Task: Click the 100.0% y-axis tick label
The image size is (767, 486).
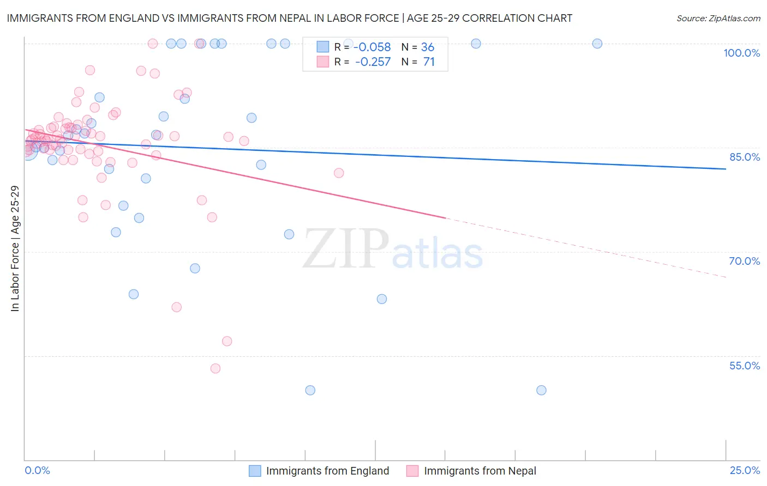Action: pos(741,53)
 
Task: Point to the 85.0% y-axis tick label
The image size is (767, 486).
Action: pos(745,157)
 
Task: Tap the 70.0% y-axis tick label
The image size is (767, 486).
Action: pos(744,261)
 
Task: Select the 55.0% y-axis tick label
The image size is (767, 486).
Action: pos(744,366)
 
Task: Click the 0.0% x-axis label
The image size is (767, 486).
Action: pos(37,470)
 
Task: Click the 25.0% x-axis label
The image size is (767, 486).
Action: pos(745,470)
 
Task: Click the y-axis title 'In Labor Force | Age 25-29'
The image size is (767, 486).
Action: pos(15,248)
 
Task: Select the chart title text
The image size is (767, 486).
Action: pos(290,18)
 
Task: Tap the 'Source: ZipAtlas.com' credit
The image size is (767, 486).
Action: pos(718,19)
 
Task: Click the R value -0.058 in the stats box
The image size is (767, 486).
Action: pos(373,47)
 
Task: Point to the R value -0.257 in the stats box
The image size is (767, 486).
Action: pos(373,62)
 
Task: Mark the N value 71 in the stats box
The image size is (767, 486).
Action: pos(429,62)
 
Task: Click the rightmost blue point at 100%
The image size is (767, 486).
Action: pos(597,44)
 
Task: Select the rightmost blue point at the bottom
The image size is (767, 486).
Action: pos(541,390)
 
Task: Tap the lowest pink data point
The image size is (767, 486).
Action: pos(215,368)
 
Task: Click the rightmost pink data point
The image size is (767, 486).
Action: pos(339,173)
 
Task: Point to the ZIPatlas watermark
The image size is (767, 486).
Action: pos(393,250)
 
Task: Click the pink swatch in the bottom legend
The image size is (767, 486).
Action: pos(412,471)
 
